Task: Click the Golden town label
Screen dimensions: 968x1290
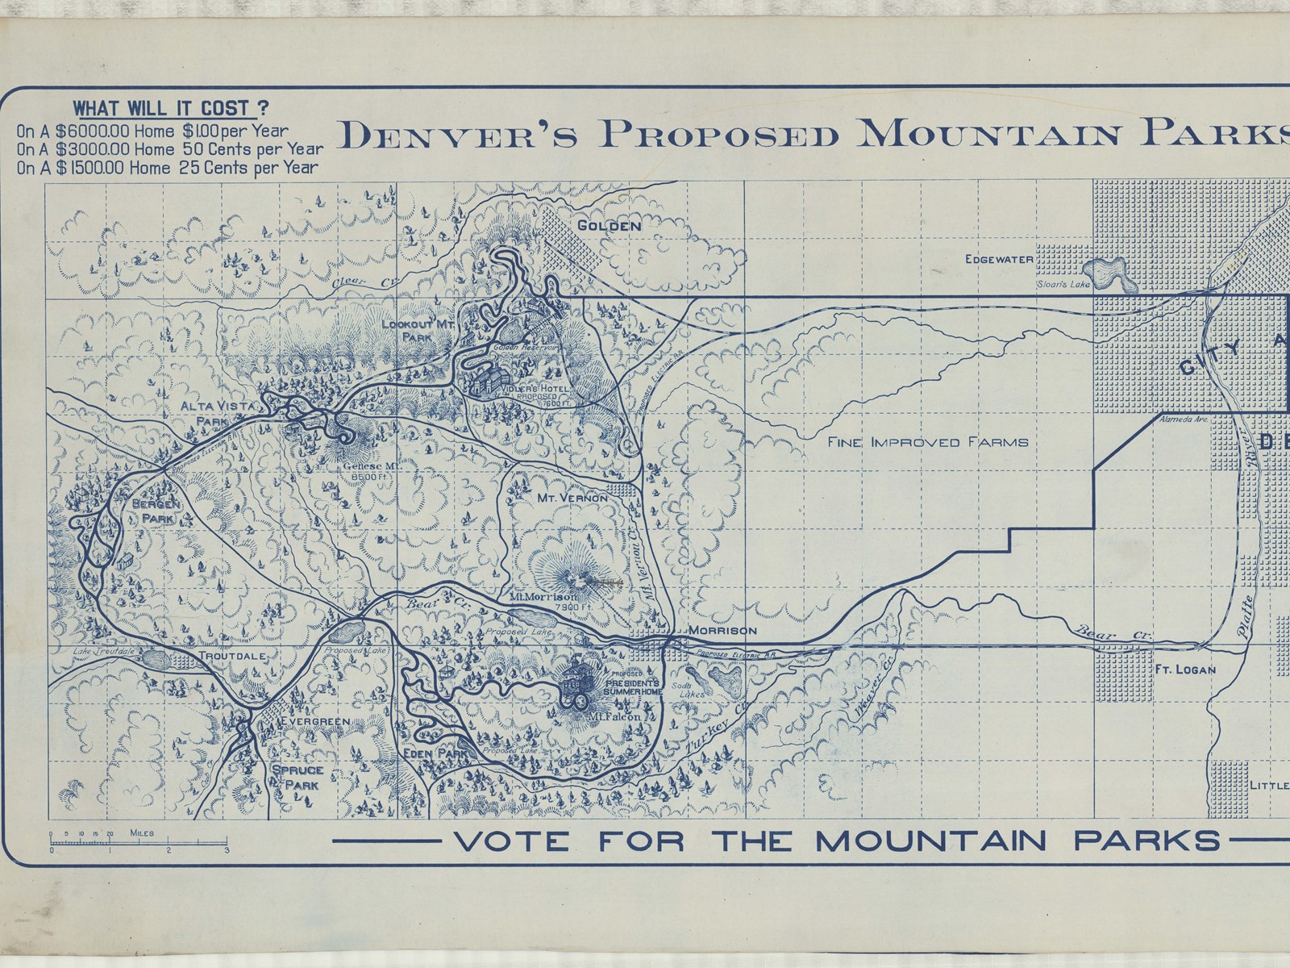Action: click(x=609, y=226)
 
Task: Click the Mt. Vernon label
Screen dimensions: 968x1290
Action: click(x=572, y=499)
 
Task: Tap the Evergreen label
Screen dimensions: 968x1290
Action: click(x=315, y=720)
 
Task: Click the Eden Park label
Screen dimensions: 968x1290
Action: click(x=436, y=753)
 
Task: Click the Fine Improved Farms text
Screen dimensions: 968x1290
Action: click(x=927, y=441)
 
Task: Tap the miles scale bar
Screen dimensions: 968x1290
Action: click(x=139, y=843)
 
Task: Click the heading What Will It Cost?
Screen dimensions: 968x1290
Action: click(x=171, y=109)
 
